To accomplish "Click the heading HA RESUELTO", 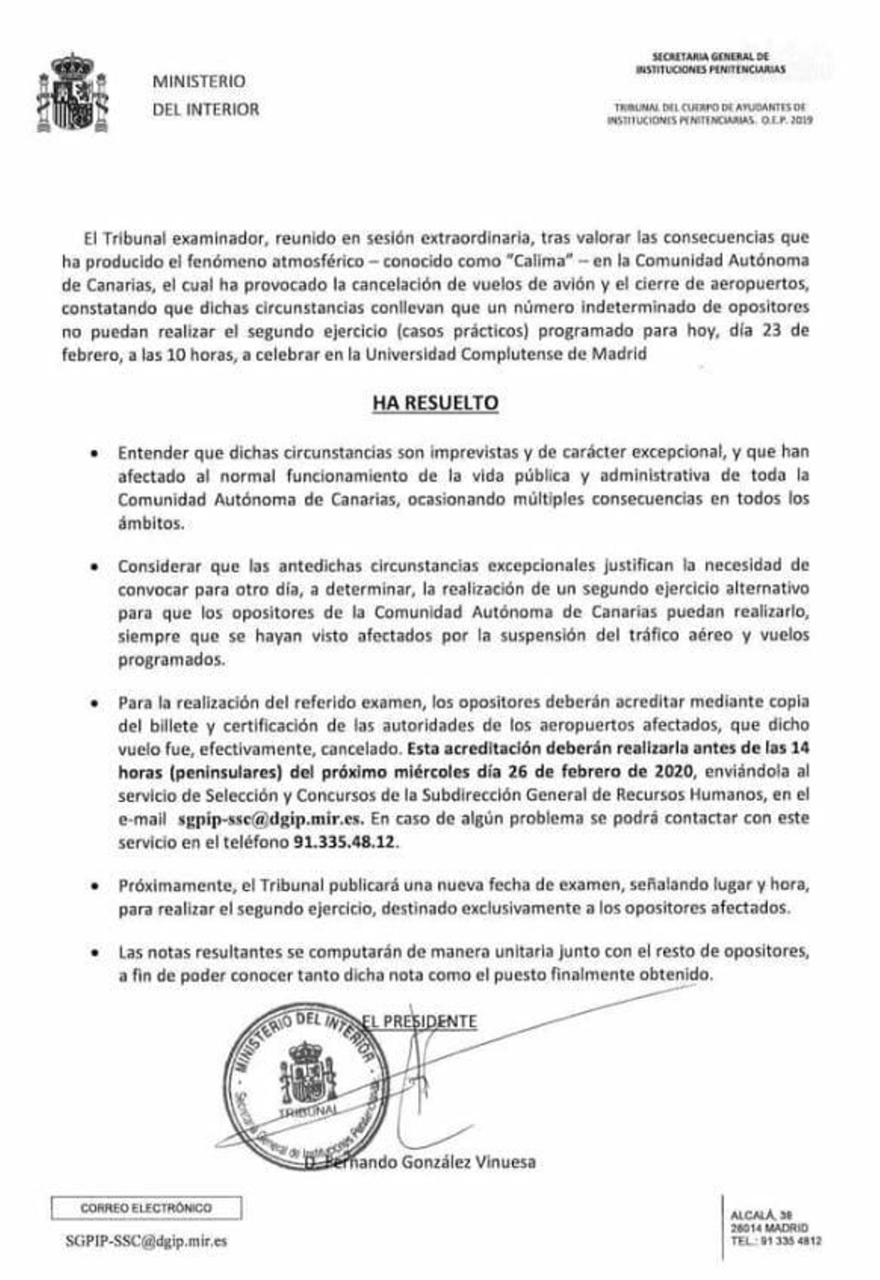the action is [435, 403].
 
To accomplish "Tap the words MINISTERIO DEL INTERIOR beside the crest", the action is [205, 95].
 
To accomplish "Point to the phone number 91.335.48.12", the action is [344, 843].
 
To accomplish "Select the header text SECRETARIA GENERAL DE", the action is [710, 56].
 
